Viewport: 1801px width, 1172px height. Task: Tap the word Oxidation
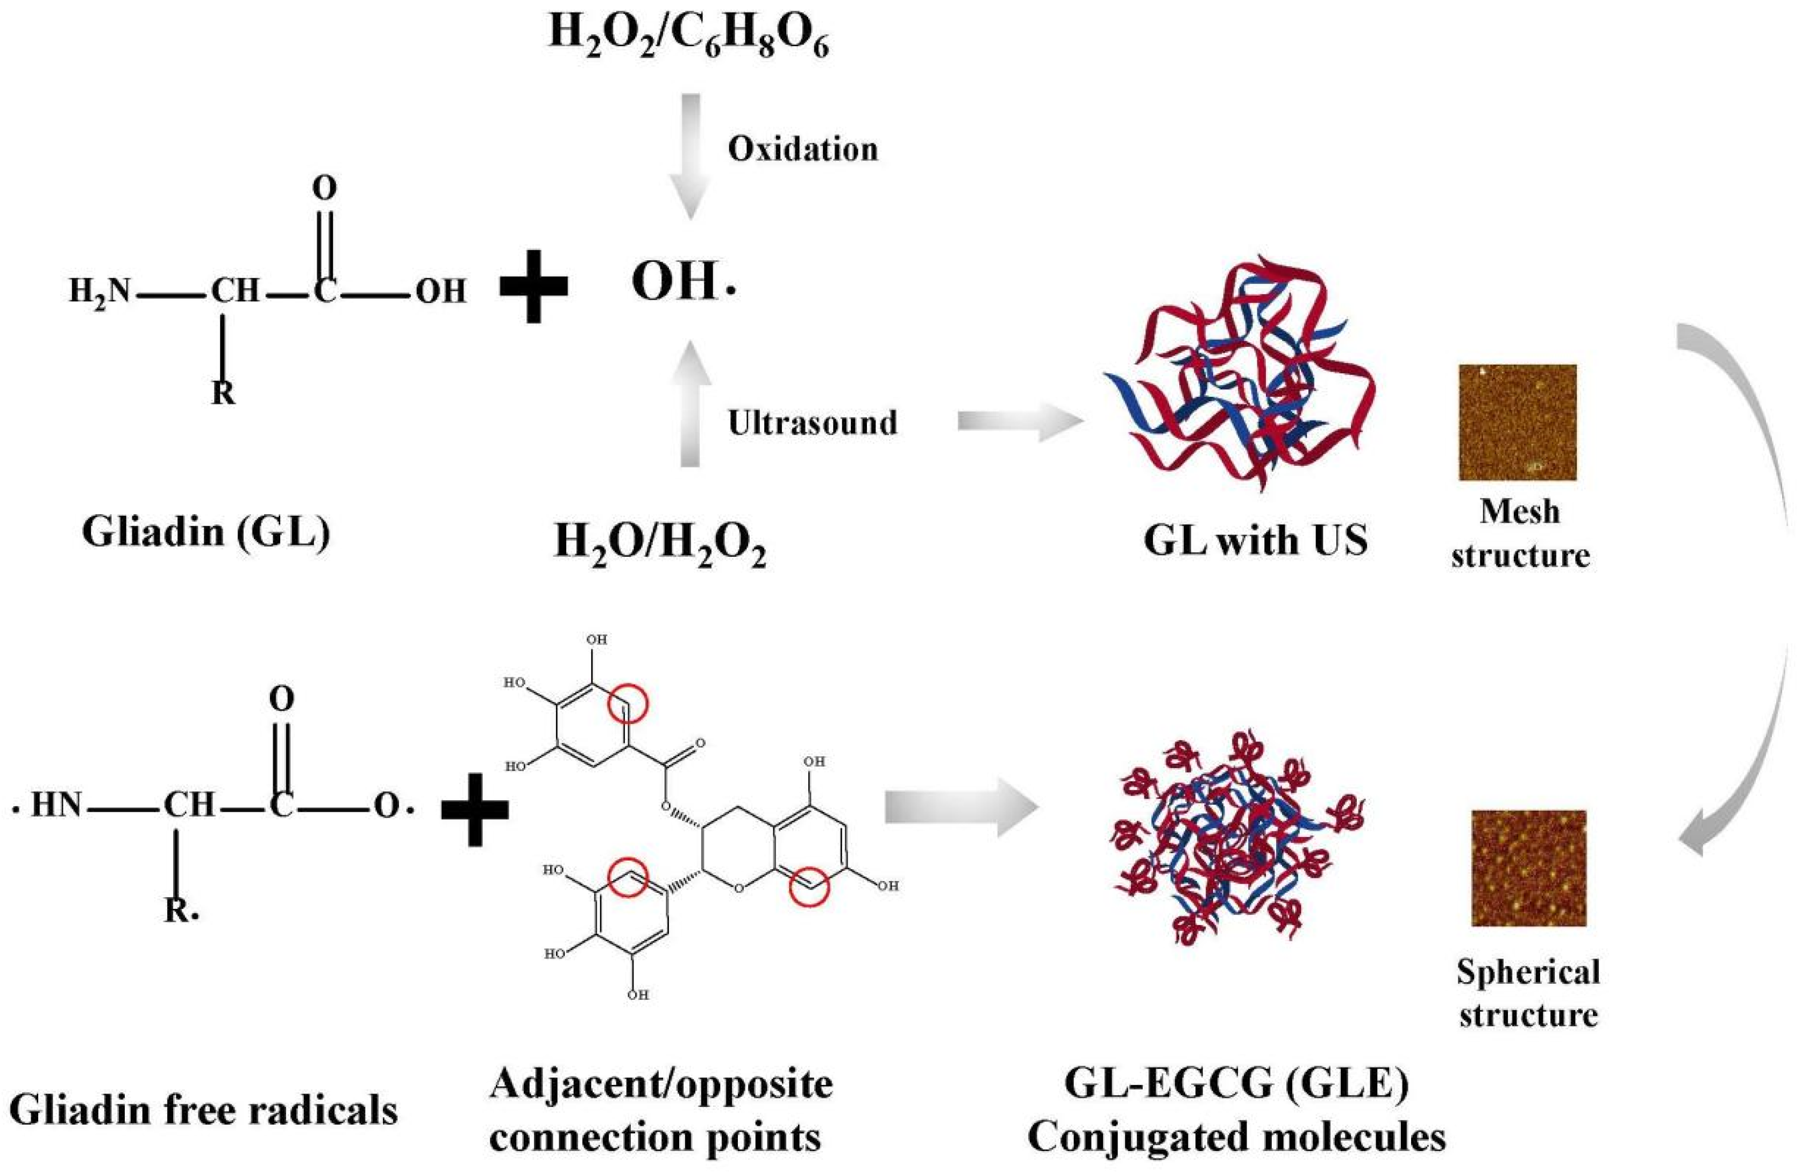click(x=802, y=149)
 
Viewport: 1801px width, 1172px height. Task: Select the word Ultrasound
click(x=812, y=422)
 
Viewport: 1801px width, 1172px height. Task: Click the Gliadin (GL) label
click(x=206, y=532)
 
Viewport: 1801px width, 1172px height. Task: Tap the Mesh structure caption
click(x=1520, y=534)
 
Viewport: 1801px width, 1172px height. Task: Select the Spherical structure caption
click(x=1528, y=993)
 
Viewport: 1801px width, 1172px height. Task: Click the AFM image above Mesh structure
click(x=1517, y=422)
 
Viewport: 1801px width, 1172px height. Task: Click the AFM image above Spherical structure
click(x=1528, y=868)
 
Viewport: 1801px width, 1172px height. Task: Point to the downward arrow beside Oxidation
click(x=690, y=155)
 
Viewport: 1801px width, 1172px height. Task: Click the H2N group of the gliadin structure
click(x=99, y=290)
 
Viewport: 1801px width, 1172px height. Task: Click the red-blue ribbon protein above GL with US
click(x=1241, y=374)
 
